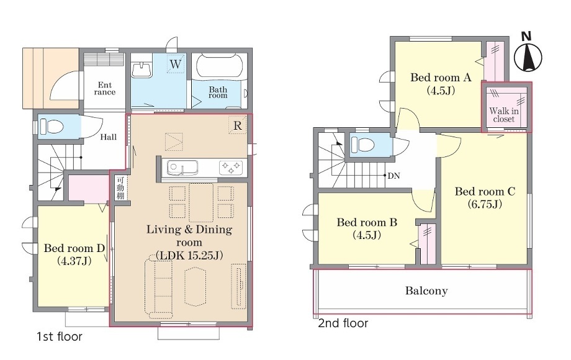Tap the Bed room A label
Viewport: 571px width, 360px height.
pyautogui.click(x=441, y=78)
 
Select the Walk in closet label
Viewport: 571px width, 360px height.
pyautogui.click(x=504, y=115)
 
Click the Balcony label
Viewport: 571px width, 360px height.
pyautogui.click(x=426, y=290)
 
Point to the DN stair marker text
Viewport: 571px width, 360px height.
pyautogui.click(x=393, y=176)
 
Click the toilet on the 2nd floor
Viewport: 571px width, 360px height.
pyautogui.click(x=362, y=145)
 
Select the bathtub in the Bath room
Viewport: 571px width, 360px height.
pyautogui.click(x=218, y=65)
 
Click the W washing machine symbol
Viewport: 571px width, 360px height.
pyautogui.click(x=176, y=64)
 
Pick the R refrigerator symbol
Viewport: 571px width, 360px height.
pyautogui.click(x=238, y=125)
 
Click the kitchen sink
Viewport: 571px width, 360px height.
pyautogui.click(x=182, y=168)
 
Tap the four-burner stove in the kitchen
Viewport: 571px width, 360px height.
pyautogui.click(x=231, y=168)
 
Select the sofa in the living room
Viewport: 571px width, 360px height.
pyautogui.click(x=159, y=284)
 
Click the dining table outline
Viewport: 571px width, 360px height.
pyautogui.click(x=201, y=202)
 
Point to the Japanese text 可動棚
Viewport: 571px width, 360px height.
pyautogui.click(x=120, y=188)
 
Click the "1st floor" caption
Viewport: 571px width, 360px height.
pyautogui.click(x=60, y=336)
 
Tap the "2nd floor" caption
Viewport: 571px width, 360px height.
pyautogui.click(x=343, y=323)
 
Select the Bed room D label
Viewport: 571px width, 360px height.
pyautogui.click(x=74, y=248)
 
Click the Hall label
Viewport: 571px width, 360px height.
pyautogui.click(x=109, y=137)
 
